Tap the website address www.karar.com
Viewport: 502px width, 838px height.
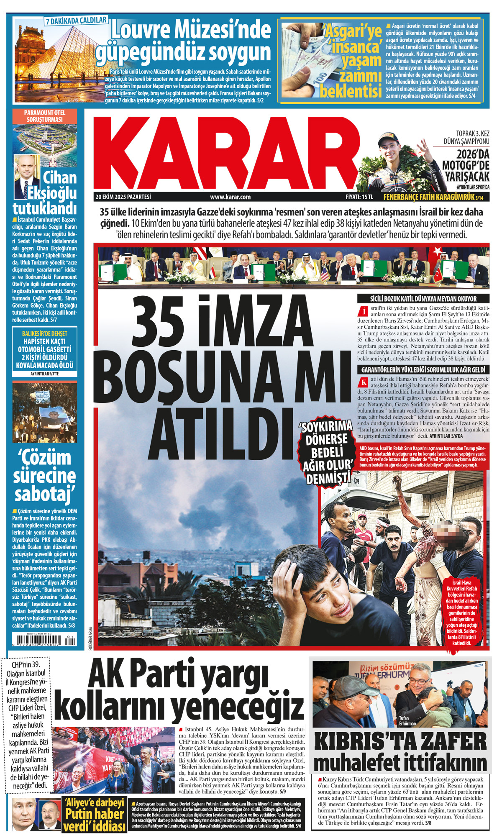tap(230, 197)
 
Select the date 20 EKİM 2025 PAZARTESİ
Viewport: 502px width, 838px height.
tap(123, 197)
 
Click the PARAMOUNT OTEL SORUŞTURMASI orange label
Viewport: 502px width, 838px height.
tap(45, 116)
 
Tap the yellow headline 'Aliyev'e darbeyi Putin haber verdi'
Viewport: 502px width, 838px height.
tap(95, 814)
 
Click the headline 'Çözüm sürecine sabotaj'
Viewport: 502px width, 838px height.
tap(45, 476)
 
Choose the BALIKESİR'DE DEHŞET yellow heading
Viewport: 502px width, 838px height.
tap(45, 333)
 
